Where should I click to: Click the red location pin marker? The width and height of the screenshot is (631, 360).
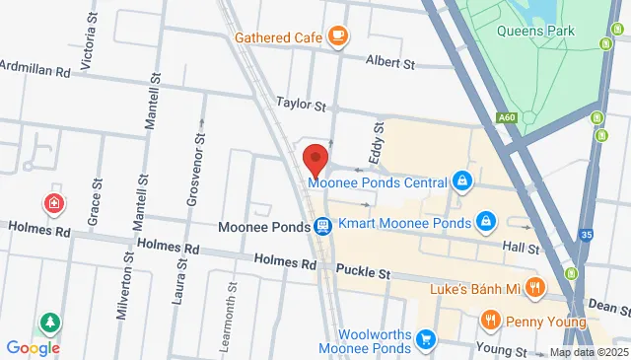click(x=315, y=158)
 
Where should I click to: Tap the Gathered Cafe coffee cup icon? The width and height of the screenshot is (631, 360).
click(x=337, y=37)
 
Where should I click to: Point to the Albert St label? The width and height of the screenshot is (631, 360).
click(x=390, y=62)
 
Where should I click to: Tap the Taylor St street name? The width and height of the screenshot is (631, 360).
click(x=301, y=103)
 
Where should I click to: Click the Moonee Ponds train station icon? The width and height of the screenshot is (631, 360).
click(x=322, y=227)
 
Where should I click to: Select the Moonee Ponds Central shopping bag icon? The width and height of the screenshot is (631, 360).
click(x=460, y=181)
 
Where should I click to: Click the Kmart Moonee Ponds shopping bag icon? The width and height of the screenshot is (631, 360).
click(x=485, y=222)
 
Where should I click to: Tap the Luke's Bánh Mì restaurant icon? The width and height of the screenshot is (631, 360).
click(x=535, y=288)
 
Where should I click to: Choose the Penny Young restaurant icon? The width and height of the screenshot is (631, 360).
click(x=490, y=321)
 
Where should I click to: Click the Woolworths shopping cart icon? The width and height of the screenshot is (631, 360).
click(x=426, y=340)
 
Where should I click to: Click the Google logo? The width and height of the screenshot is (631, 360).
click(x=33, y=347)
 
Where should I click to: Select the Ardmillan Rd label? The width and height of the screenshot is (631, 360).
click(x=35, y=71)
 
